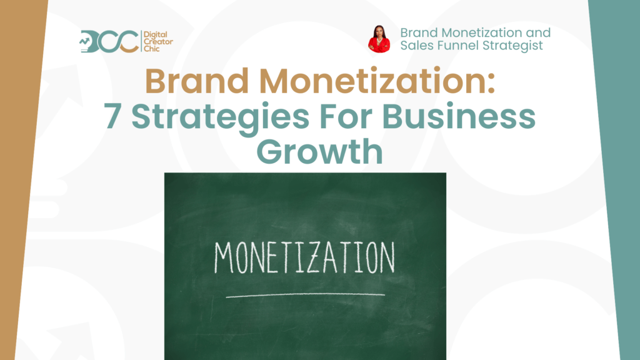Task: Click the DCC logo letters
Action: point(109,41)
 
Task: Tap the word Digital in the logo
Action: point(156,35)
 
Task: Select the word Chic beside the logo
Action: point(152,49)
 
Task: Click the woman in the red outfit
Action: point(379,39)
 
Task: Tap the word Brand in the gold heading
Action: point(197,81)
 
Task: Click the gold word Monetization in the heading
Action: point(377,81)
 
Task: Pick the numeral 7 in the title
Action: point(112,116)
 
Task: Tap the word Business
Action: point(459,116)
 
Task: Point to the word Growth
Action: point(320,151)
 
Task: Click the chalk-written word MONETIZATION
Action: point(304,257)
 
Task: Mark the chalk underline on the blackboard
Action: point(305,295)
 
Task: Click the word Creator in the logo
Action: point(158,42)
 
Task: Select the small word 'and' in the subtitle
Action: point(537,32)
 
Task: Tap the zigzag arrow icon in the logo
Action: point(84,41)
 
